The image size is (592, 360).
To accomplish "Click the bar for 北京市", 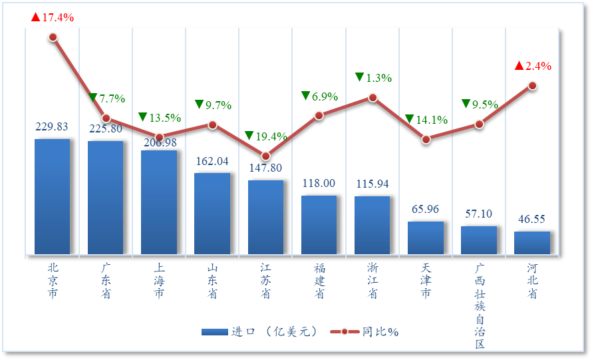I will click(53, 196).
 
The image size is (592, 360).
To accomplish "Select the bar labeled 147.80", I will click(265, 217).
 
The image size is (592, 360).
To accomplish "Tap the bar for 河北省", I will click(532, 243).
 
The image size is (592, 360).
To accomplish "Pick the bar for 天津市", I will click(426, 238).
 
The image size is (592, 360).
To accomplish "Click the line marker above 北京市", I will click(53, 37).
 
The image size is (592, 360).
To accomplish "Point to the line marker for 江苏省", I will click(266, 156).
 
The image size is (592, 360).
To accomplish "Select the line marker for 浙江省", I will click(372, 98).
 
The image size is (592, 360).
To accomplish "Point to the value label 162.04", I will click(212, 161).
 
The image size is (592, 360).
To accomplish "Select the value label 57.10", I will click(479, 214).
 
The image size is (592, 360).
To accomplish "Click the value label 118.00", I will click(319, 183).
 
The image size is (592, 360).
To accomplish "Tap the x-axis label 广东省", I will click(106, 280).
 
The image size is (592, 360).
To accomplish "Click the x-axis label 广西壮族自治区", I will click(480, 305).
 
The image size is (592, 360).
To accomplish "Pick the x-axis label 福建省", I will click(319, 280).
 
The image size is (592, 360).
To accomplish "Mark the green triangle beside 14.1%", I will click(410, 119).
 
